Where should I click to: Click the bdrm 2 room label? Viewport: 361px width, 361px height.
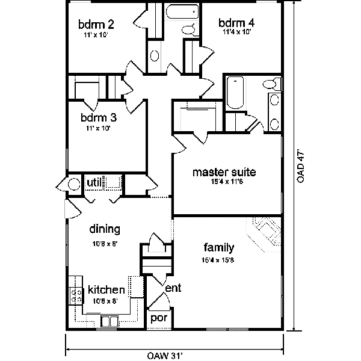[97, 25]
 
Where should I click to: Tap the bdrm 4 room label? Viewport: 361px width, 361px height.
[236, 25]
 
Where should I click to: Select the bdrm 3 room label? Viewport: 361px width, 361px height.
[98, 118]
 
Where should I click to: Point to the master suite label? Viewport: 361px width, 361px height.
[224, 173]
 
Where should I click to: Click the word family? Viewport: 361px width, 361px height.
[218, 247]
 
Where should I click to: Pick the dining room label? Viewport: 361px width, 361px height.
[105, 229]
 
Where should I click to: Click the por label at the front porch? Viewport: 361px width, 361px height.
[158, 317]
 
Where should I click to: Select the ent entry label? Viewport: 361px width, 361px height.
[173, 289]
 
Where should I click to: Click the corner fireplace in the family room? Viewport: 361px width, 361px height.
[265, 232]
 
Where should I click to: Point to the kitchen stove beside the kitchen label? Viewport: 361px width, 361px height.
[77, 291]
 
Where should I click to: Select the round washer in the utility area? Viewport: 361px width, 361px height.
[73, 185]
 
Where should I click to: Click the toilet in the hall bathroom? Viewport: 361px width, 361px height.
[188, 30]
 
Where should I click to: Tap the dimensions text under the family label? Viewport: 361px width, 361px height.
[217, 260]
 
